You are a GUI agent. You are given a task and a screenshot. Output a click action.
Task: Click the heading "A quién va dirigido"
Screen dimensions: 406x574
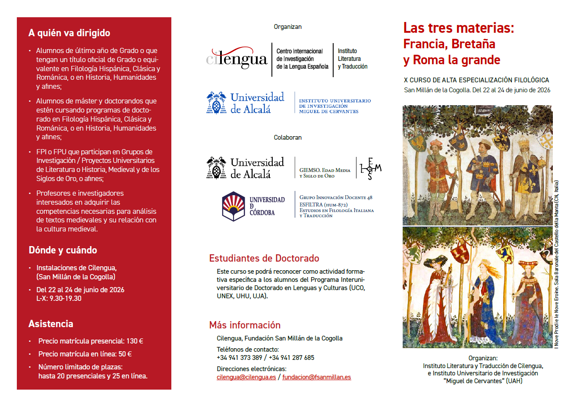click(69, 33)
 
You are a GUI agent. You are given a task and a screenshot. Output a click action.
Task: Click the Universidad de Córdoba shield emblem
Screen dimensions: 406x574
click(233, 206)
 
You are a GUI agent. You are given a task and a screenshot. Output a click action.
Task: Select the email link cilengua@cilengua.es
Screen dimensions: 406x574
click(246, 377)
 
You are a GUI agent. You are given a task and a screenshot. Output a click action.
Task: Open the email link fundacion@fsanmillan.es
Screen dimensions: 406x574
click(316, 377)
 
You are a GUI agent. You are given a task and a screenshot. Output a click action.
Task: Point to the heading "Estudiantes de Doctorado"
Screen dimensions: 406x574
click(264, 259)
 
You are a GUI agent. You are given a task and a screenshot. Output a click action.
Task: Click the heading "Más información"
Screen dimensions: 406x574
click(245, 325)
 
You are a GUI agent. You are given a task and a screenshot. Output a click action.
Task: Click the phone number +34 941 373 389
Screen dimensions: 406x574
click(240, 358)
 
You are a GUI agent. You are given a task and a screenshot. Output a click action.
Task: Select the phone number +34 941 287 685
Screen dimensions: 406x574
click(291, 358)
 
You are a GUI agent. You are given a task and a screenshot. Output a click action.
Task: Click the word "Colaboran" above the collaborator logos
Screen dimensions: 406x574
click(287, 137)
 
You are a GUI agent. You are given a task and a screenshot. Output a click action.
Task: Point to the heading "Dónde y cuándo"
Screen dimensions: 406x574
click(63, 250)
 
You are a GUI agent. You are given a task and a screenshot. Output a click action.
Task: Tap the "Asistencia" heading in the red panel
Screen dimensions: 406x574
click(51, 324)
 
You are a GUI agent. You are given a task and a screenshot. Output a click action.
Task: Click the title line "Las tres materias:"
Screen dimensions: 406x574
click(458, 28)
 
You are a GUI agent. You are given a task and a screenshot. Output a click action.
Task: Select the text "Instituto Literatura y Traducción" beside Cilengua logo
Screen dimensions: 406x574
click(352, 59)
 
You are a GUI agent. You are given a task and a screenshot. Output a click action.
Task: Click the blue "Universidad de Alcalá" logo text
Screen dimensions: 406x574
click(257, 103)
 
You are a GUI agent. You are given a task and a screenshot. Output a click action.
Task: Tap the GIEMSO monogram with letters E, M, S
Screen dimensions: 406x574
click(370, 169)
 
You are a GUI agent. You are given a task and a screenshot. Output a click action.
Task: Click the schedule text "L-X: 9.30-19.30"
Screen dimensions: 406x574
click(59, 298)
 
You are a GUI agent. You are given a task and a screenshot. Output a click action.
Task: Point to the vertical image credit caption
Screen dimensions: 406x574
click(556, 264)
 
